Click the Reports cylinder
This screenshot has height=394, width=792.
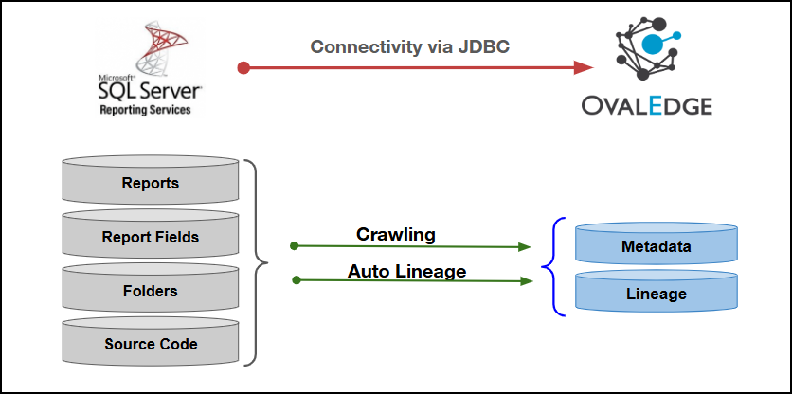tap(151, 183)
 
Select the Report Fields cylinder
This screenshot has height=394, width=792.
tap(151, 237)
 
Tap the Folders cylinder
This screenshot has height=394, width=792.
tap(151, 291)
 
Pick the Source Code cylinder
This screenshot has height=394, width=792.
tap(151, 344)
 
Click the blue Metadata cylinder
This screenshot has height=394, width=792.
tap(656, 246)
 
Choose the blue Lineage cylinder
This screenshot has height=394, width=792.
tap(656, 294)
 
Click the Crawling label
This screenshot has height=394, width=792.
tap(395, 233)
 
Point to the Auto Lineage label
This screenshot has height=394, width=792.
tap(406, 271)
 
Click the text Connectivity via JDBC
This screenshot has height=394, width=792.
tap(410, 47)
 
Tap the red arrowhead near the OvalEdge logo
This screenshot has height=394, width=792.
tap(584, 67)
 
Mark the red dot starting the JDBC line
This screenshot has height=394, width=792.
tap(243, 67)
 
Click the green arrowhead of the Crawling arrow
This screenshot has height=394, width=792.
tap(524, 247)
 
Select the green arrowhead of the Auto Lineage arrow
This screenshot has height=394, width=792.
tap(524, 281)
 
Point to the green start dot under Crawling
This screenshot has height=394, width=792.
tap(295, 245)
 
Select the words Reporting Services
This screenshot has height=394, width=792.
tap(145, 110)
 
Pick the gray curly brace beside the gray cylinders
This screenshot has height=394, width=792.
tap(255, 262)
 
